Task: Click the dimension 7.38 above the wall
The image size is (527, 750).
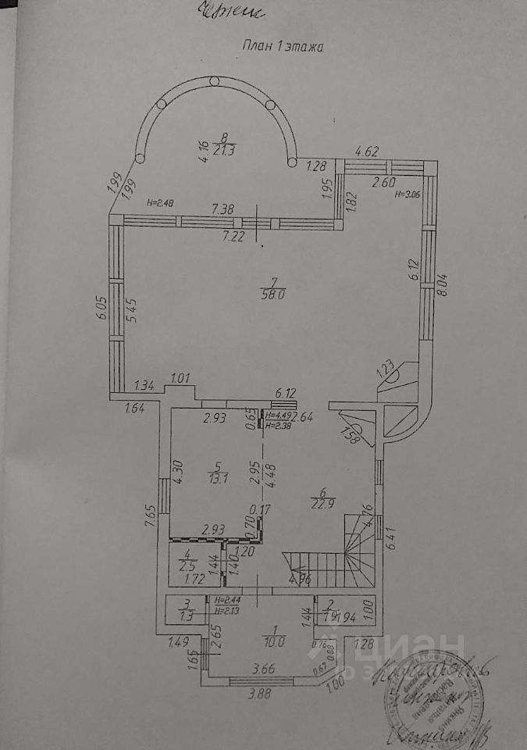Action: [x=223, y=209]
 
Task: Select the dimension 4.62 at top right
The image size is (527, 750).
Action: [x=366, y=151]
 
